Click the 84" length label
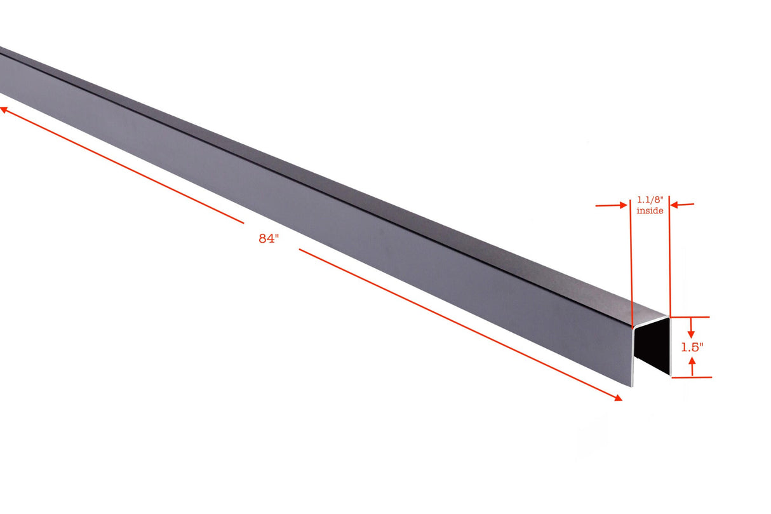(269, 239)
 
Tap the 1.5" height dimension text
(692, 348)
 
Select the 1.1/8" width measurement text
(650, 200)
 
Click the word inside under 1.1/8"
(650, 210)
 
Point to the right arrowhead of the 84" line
(618, 398)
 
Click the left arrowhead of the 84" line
(3, 109)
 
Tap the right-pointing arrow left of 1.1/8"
(619, 205)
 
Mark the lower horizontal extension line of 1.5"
(692, 377)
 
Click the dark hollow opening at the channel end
(654, 349)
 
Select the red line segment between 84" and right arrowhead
(457, 323)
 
